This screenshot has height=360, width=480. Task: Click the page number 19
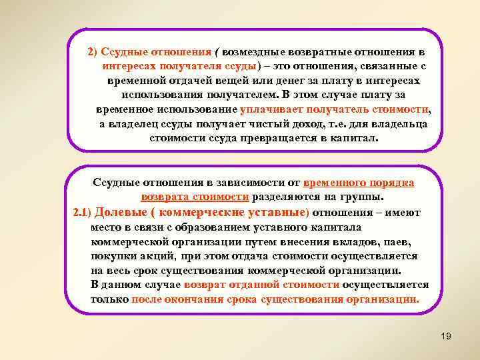pos(446,336)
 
